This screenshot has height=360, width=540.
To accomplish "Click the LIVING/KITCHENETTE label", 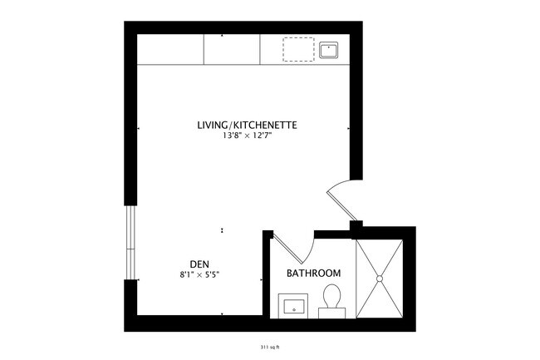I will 247,126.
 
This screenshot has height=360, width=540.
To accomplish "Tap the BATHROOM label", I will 314,274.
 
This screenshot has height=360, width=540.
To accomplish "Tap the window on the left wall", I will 130,242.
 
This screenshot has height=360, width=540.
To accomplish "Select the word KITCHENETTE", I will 266,126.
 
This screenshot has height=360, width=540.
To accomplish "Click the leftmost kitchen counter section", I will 171,50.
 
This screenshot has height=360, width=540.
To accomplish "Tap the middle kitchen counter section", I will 233,50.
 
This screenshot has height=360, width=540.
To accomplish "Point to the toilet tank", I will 332,311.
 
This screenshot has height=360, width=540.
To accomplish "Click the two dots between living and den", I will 222,230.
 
